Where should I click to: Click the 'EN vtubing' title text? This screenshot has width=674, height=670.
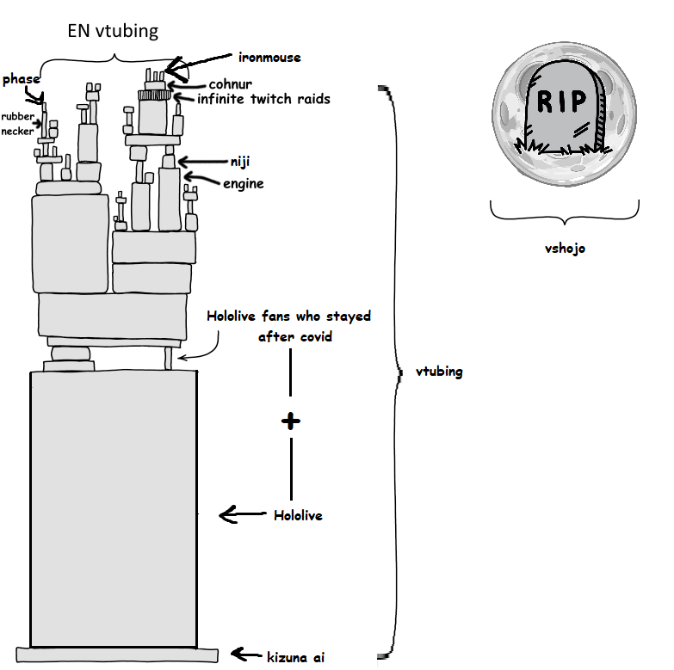[113, 31]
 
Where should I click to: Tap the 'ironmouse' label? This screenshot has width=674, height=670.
[269, 58]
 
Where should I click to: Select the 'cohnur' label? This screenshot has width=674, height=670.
[231, 83]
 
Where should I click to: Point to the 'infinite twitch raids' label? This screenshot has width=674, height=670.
[263, 99]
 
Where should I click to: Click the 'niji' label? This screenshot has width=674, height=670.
[240, 162]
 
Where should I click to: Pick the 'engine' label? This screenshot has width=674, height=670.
[244, 184]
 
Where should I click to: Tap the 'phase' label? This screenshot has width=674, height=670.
[21, 79]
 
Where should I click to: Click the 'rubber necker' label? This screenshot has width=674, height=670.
[17, 124]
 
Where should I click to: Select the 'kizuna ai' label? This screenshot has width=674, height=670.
[296, 657]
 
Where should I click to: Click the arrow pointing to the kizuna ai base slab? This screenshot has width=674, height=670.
[246, 655]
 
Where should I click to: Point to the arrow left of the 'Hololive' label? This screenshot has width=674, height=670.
[243, 514]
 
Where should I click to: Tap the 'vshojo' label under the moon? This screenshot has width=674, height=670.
[565, 249]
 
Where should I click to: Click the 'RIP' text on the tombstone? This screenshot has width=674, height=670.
[562, 101]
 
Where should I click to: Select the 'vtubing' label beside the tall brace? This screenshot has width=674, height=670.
[439, 372]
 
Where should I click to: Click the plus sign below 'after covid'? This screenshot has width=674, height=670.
[291, 421]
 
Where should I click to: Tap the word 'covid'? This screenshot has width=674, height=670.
[316, 336]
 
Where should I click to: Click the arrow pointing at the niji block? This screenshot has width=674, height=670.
[203, 162]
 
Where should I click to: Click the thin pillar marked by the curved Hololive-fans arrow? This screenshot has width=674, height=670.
[169, 358]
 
